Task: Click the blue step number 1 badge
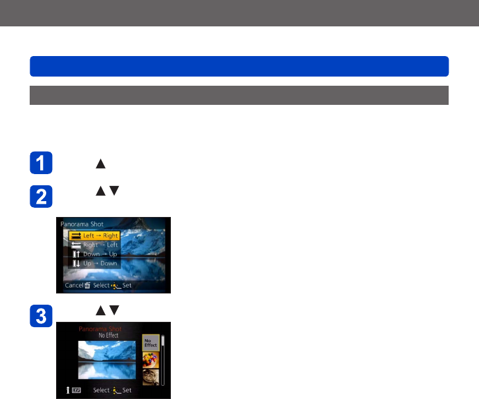click(x=41, y=164)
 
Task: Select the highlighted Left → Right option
click(x=93, y=235)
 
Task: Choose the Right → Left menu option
click(x=93, y=245)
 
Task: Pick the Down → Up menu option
click(x=93, y=254)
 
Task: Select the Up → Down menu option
click(x=93, y=263)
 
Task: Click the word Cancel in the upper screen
click(x=73, y=286)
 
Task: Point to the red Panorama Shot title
click(x=101, y=328)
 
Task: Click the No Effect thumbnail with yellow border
click(x=150, y=344)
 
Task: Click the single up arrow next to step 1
click(x=101, y=164)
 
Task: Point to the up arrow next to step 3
click(x=101, y=310)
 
